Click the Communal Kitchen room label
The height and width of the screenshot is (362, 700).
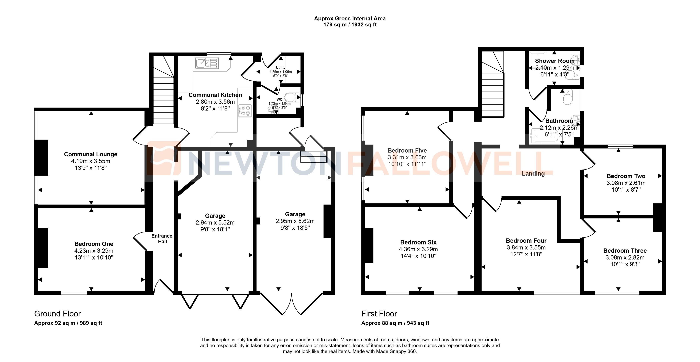[215, 95]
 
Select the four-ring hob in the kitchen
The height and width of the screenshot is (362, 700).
[245, 111]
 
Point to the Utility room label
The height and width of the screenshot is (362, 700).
[280, 68]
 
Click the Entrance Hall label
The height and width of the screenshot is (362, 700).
[162, 238]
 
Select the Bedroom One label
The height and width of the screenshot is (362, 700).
[94, 244]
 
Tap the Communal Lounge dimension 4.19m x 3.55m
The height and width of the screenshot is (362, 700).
[90, 161]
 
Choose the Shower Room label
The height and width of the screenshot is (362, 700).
[555, 61]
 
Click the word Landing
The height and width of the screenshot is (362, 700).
[533, 174]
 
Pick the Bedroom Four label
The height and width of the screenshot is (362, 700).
[526, 241]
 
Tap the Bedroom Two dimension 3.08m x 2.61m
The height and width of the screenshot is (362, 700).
[626, 183]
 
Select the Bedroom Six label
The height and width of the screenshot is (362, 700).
[418, 242]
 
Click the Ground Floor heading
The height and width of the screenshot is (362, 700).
[58, 314]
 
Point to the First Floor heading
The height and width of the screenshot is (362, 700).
[379, 314]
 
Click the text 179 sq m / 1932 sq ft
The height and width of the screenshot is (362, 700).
[350, 25]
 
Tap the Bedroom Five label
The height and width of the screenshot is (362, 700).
[407, 150]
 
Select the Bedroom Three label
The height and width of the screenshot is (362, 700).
[625, 251]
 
